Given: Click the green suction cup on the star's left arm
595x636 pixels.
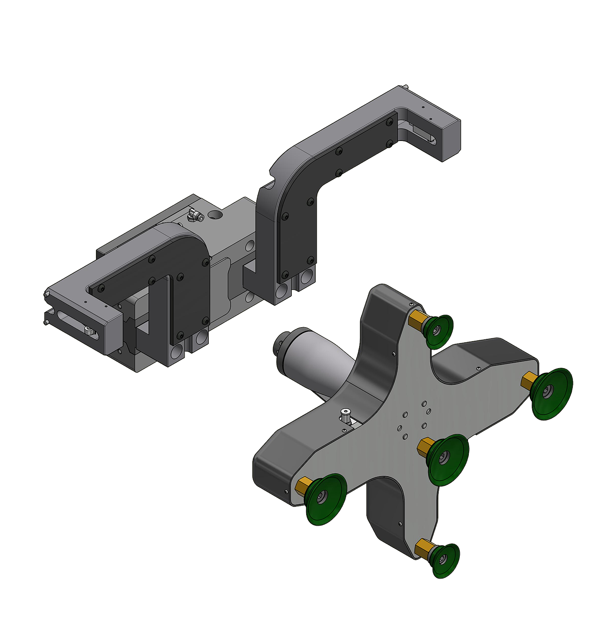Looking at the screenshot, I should [x=326, y=498].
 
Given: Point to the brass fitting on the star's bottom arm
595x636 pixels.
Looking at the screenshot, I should [x=423, y=548].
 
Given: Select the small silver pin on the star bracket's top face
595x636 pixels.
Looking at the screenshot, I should [x=345, y=414].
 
